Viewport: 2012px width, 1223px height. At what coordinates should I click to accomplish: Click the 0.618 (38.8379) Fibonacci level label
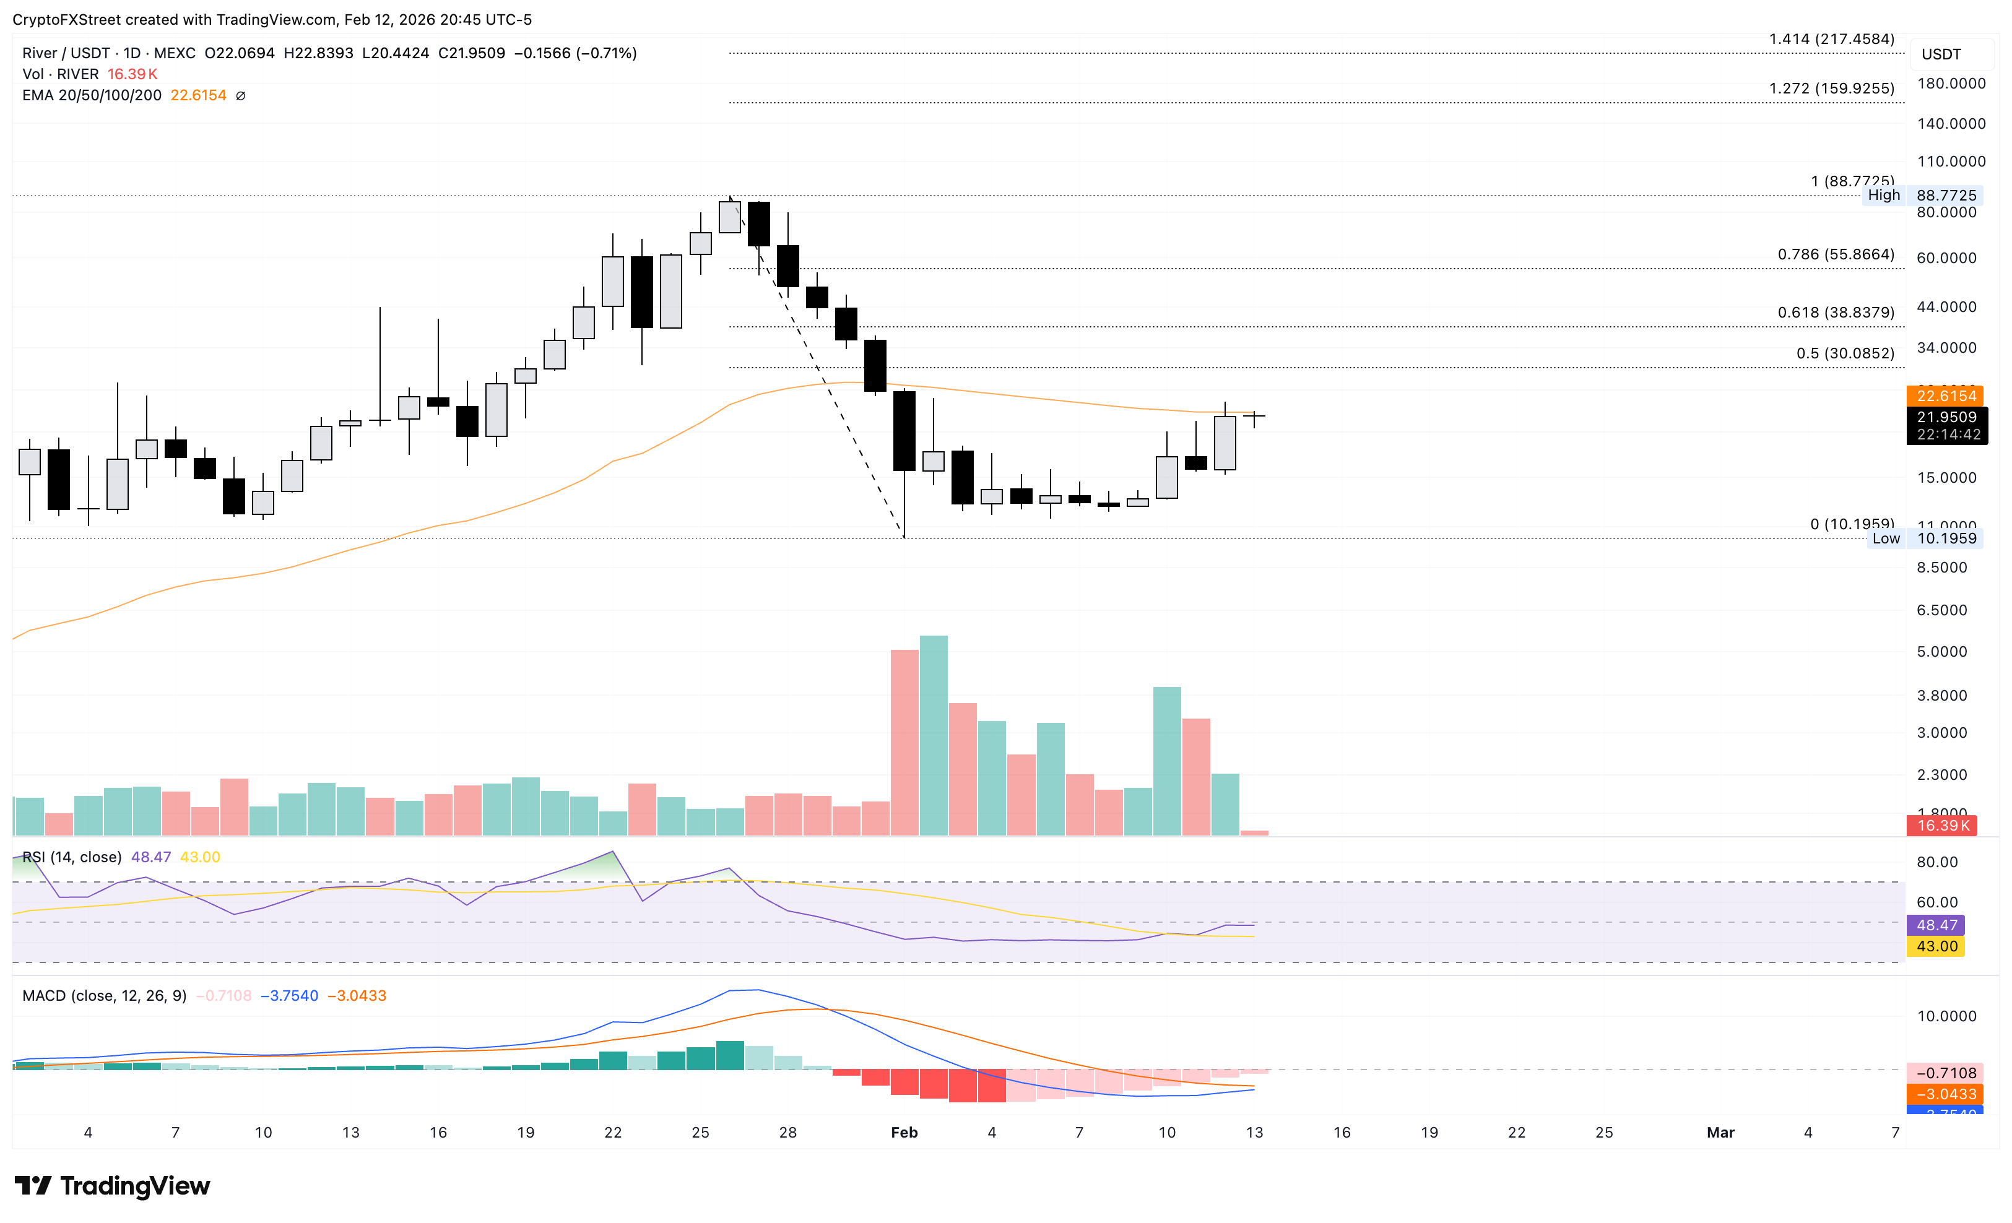point(1836,313)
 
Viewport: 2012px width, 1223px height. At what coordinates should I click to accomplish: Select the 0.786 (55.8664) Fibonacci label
point(1836,255)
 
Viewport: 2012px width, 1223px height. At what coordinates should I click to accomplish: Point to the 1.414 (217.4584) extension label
point(1832,39)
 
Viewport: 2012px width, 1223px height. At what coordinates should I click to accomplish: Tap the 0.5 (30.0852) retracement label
point(1845,353)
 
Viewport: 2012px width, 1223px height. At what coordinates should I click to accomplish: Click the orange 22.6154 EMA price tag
point(1946,396)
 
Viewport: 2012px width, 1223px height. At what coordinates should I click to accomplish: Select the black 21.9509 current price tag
point(1946,417)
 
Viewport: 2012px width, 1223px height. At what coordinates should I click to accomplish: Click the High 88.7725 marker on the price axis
point(1922,195)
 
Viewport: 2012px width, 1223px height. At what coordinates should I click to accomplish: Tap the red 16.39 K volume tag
point(1943,826)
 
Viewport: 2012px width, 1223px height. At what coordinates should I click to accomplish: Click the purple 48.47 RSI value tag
point(1936,925)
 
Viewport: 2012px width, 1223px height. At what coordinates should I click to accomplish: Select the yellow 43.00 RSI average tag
point(1936,946)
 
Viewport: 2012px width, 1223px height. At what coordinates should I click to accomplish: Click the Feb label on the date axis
point(904,1133)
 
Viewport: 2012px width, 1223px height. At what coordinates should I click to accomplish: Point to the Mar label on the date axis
point(1720,1133)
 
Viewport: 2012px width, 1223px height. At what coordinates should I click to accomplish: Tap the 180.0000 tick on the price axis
point(1951,84)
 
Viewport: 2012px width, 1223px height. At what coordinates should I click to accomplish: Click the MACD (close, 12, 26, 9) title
point(104,996)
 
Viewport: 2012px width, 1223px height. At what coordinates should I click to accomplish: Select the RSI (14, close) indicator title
point(72,857)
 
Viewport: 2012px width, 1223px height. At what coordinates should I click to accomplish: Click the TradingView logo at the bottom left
point(113,1185)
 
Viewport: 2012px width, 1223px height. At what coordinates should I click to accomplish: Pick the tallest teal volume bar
point(934,735)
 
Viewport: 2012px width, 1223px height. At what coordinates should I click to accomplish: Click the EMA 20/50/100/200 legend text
point(92,95)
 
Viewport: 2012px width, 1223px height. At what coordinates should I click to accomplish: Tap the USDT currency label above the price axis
point(1941,54)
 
